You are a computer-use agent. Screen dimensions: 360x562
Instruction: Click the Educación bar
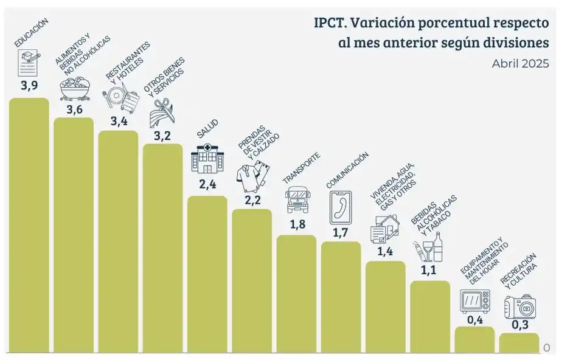[29, 225]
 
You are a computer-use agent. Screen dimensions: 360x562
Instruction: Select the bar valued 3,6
[74, 235]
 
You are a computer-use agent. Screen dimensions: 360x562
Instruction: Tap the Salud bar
[207, 274]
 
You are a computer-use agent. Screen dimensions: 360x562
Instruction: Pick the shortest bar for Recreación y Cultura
[519, 343]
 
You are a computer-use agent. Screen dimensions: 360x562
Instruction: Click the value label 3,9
[29, 86]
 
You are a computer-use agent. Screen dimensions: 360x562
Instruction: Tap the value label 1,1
[430, 271]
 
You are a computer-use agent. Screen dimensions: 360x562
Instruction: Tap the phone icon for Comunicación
[341, 206]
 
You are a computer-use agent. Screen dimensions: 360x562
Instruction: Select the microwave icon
[475, 300]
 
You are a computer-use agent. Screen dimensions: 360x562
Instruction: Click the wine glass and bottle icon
[432, 250]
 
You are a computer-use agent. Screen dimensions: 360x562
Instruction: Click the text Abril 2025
[520, 64]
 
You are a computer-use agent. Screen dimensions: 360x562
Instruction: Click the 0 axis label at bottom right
[546, 347]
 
